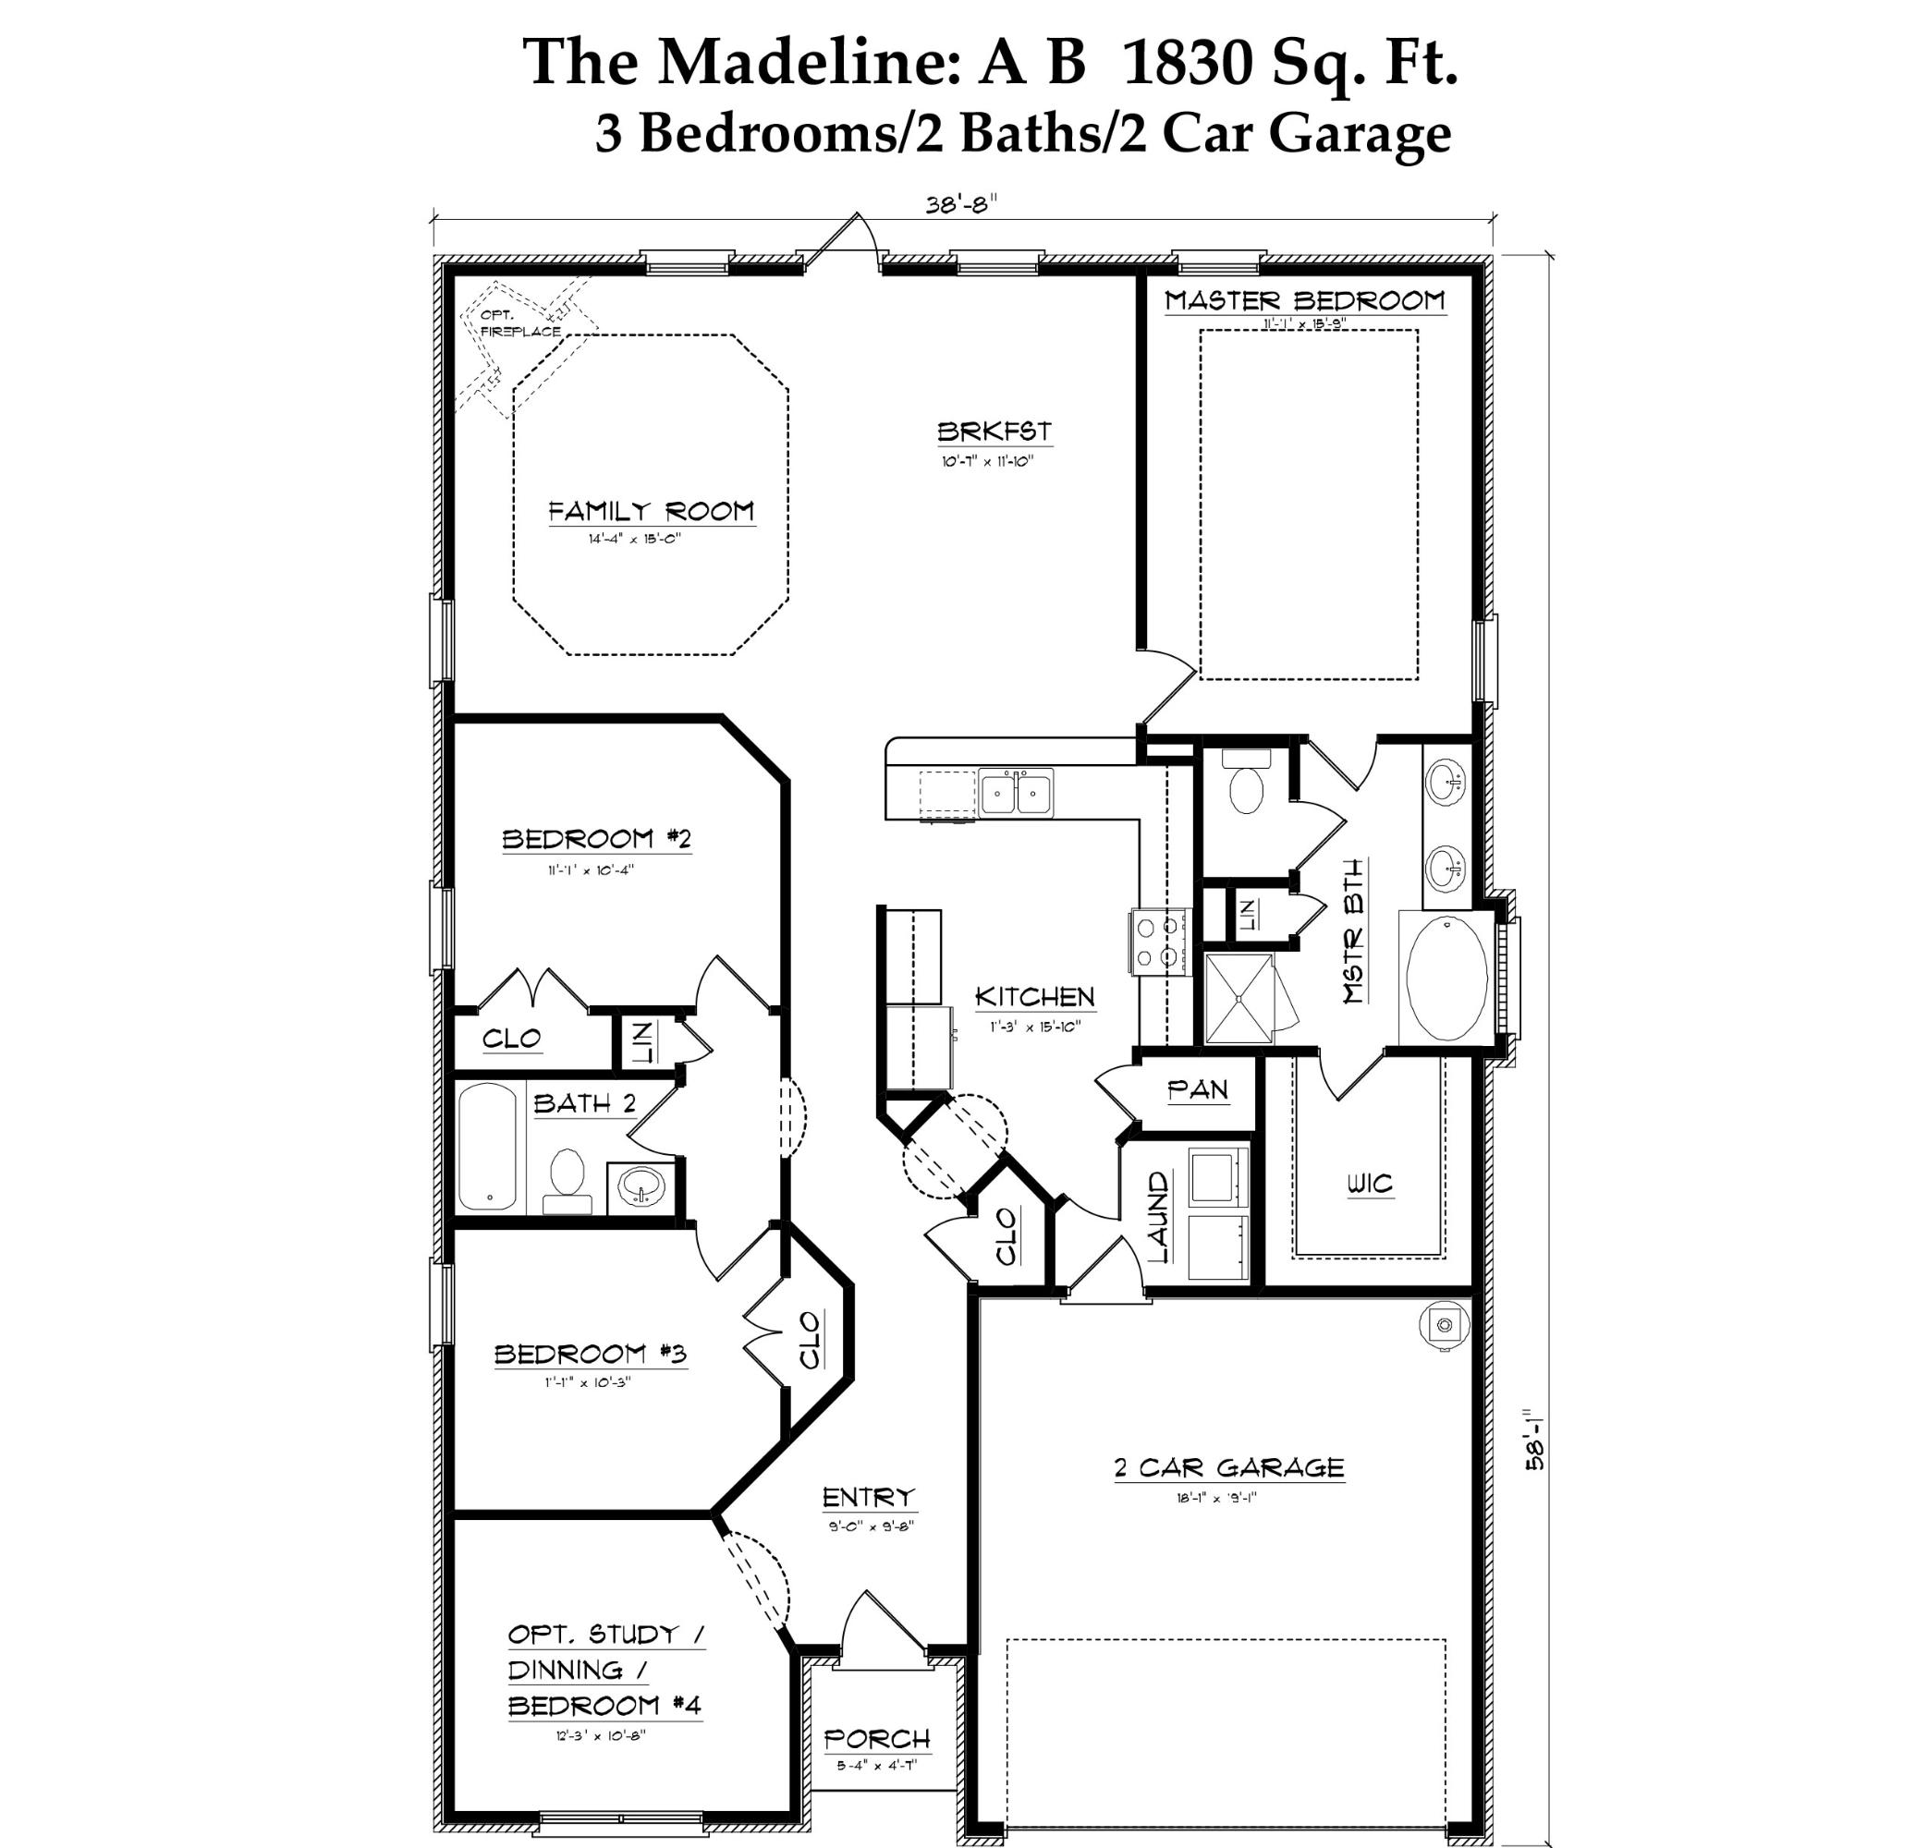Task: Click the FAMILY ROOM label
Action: (652, 510)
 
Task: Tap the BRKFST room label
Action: (994, 431)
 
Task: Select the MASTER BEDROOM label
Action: (1304, 300)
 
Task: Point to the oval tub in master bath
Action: (1447, 978)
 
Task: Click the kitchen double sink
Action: (1015, 792)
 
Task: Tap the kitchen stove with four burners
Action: (1159, 942)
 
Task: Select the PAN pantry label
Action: (1197, 1088)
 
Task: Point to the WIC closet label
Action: (1369, 1183)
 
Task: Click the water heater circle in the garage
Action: (1444, 1325)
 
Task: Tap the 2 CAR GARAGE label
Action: (1228, 1467)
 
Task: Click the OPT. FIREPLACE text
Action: (519, 323)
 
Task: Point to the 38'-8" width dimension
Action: (960, 203)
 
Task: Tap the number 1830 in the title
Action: (1187, 62)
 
